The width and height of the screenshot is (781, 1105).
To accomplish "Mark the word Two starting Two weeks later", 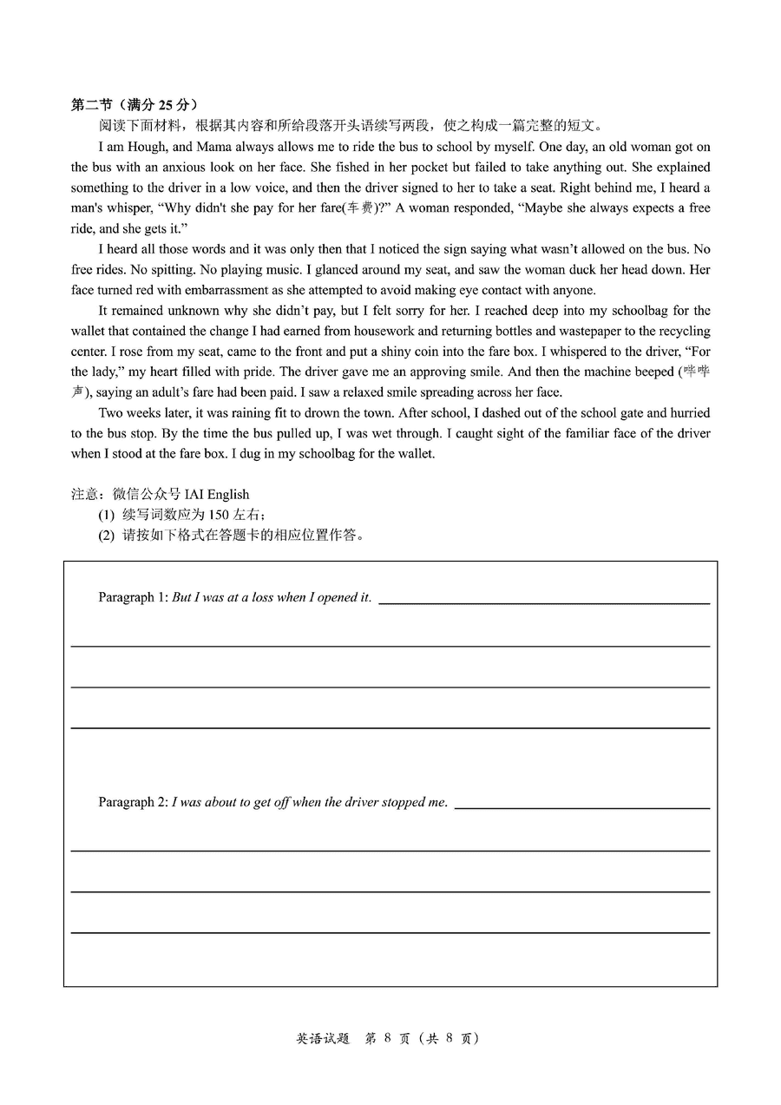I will (x=110, y=413).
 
